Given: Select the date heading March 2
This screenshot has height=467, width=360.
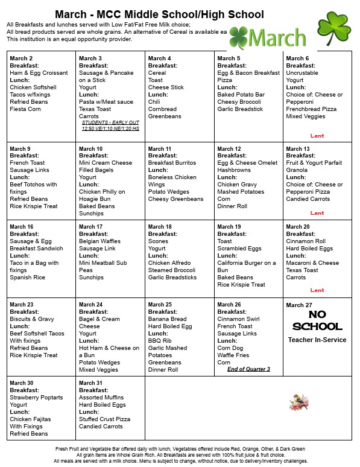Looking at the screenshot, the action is [21, 59].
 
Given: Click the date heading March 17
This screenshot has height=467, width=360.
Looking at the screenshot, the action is [91, 227].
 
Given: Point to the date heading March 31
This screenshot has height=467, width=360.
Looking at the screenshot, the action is [91, 383].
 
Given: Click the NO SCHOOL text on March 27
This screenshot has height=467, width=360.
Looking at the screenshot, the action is [317, 321].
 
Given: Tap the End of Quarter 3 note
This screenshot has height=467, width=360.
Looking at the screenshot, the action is [248, 369].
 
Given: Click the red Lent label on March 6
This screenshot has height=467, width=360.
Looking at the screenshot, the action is [317, 136].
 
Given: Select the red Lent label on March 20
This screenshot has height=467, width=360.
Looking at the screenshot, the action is [317, 290].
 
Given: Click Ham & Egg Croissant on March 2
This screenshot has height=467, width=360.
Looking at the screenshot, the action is [39, 73].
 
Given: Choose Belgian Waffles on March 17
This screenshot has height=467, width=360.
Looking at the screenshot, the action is [99, 241].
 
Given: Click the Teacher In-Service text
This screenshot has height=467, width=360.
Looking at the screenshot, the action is [317, 340].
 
